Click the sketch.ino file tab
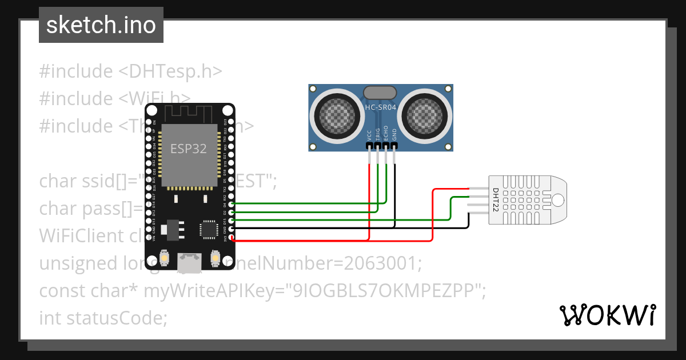pos(101,25)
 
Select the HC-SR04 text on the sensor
pos(381,107)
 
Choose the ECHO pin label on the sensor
pos(386,134)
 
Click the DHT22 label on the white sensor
pos(496,199)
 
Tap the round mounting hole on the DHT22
pos(557,199)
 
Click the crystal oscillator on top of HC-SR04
pos(380,92)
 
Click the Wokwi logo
pos(607,315)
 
